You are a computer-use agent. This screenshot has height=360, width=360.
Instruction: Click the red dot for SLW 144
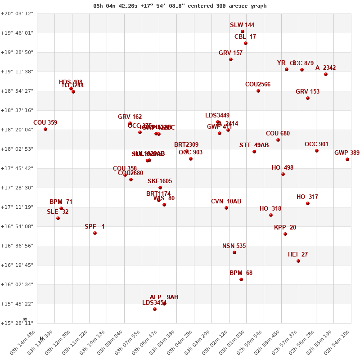(x=243, y=31)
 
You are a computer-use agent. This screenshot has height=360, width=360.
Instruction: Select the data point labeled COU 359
(x=45, y=129)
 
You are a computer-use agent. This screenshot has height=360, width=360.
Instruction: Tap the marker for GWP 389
(x=347, y=159)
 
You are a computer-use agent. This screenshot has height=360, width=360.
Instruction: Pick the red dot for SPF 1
(x=95, y=233)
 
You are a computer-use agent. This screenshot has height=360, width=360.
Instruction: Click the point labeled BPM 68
(x=241, y=279)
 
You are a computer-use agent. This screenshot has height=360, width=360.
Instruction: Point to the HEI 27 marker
(x=298, y=261)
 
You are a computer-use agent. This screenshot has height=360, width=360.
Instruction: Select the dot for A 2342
(x=326, y=74)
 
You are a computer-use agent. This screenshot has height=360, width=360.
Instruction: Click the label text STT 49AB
(x=254, y=145)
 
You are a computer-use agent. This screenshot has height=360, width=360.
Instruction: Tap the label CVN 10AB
(x=226, y=201)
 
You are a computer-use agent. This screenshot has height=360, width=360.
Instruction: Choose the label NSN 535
(x=234, y=246)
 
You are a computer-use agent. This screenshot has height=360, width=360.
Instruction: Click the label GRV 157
(x=230, y=53)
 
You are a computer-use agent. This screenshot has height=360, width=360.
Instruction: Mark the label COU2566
(x=258, y=84)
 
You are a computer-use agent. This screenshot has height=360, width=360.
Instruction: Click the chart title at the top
(x=180, y=6)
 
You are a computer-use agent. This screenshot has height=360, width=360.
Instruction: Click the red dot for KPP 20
(x=285, y=234)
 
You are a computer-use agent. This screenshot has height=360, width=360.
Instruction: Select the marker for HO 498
(x=283, y=174)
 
